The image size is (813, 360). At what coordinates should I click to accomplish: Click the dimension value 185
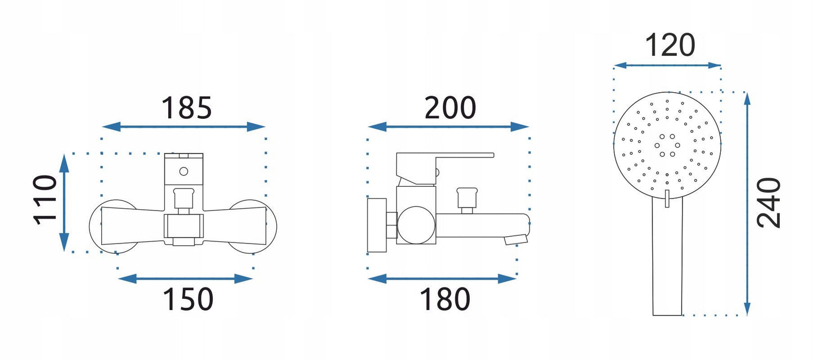point(187,108)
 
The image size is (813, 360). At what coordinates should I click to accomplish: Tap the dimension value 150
point(188,299)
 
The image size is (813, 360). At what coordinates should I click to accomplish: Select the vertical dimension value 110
point(46,200)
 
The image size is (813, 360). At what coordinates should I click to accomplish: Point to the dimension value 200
point(450,108)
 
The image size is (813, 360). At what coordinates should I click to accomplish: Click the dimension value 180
point(445,299)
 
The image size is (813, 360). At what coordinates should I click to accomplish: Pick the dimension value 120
point(670,45)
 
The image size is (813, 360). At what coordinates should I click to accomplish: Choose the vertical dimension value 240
point(769,203)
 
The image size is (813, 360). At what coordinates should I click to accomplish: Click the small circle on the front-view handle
point(183,172)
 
